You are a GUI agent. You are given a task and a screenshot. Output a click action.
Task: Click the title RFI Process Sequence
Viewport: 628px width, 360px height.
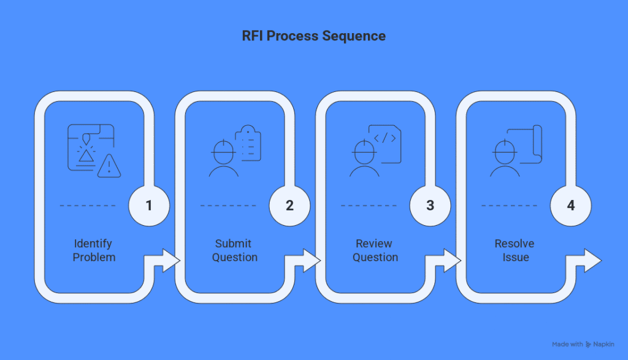coord(314,36)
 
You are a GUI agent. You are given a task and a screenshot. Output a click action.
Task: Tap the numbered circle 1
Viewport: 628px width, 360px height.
coord(149,205)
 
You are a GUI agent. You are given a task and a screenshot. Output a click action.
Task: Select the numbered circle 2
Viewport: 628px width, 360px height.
coord(290,205)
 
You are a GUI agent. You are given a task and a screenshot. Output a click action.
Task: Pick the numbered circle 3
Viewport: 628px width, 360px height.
coord(431,205)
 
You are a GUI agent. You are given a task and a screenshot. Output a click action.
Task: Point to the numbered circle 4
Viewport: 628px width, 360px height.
coord(571,205)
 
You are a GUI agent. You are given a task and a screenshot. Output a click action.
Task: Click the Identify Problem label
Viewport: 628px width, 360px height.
coord(93,250)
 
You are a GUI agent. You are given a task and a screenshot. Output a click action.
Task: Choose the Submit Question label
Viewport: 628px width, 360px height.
coord(234,250)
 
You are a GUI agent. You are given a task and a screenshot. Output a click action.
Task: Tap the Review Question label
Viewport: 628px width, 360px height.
coord(375,250)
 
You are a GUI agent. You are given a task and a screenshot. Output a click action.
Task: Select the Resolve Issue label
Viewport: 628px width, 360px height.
coord(515,250)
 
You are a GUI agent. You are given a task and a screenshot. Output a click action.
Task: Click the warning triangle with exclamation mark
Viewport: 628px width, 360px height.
coord(109,166)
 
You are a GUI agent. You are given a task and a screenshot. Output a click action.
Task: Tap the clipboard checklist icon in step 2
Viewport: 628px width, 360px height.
coord(250,143)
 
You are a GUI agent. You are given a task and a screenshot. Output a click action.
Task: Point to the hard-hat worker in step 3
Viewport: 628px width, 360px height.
coord(364,158)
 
